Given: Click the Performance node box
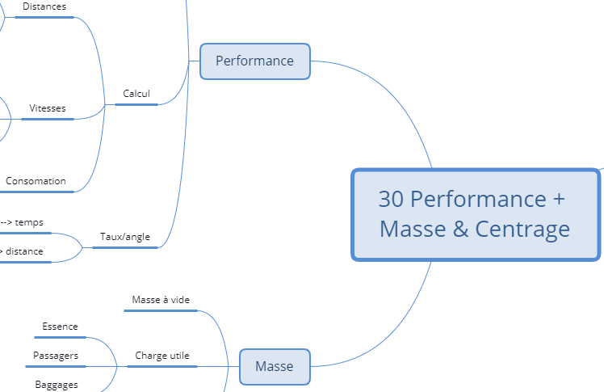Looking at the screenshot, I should click(254, 61).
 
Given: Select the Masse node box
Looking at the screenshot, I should click(275, 367).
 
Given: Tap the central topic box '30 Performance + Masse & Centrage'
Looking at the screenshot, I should click(475, 214).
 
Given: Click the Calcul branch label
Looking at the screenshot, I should click(136, 94).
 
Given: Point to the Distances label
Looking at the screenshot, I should click(44, 6).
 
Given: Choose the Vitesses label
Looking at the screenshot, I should click(48, 108).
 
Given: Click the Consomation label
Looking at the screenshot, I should click(36, 181).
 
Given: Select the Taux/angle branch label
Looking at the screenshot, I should click(124, 237).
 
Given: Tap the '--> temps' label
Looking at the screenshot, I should click(23, 222).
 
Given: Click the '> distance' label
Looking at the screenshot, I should click(22, 251).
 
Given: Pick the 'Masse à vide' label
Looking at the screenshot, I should click(161, 300).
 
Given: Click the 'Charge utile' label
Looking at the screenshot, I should click(162, 356).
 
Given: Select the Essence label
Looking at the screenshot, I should click(61, 327).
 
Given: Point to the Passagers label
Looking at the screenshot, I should click(56, 356).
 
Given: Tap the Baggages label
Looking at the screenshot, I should click(57, 385).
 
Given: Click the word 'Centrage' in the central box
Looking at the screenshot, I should click(522, 230).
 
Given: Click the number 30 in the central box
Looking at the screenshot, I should click(391, 200).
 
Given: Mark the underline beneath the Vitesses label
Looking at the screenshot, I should click(48, 119).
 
